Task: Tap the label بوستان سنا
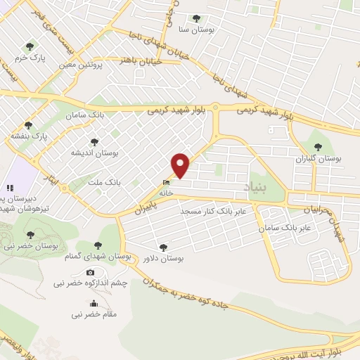click(195, 30)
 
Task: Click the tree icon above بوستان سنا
click(195, 18)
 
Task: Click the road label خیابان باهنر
click(142, 61)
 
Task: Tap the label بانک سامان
click(84, 114)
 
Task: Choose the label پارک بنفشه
click(27, 136)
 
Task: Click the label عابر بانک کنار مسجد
click(211, 211)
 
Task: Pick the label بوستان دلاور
click(163, 258)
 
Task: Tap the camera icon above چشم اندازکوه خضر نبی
click(90, 272)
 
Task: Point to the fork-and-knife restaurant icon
click(10, 188)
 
